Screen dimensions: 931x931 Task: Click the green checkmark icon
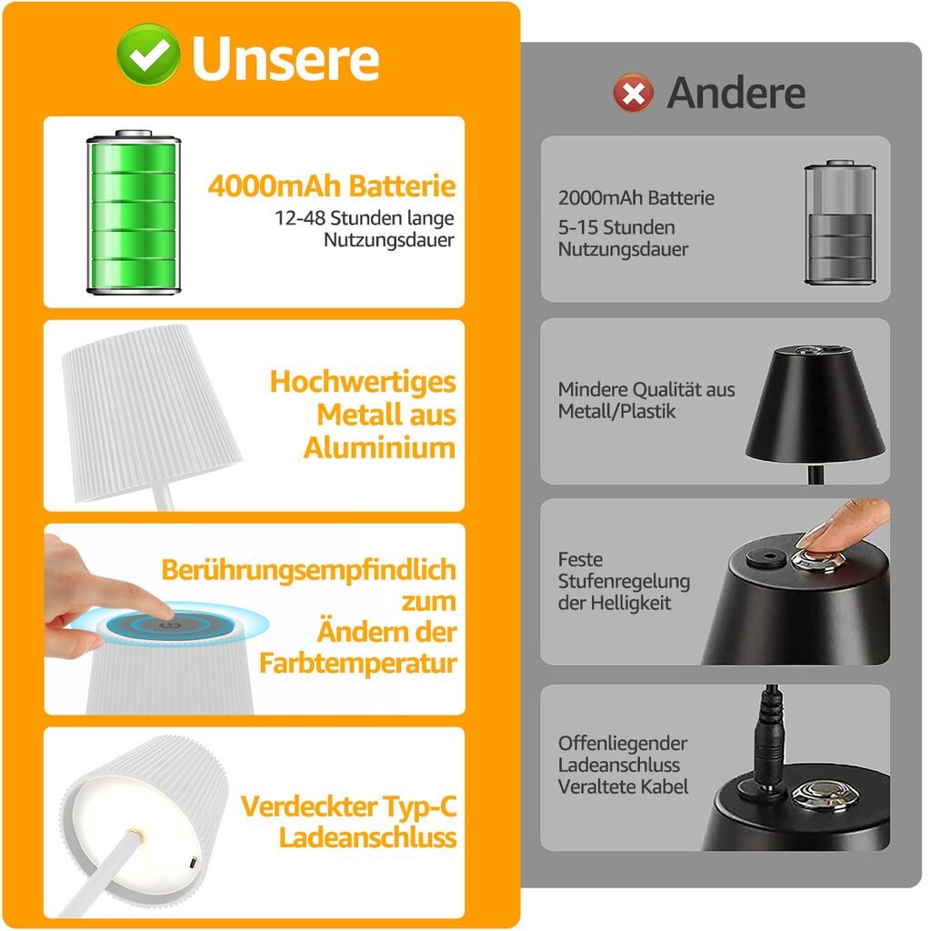pyautogui.click(x=148, y=55)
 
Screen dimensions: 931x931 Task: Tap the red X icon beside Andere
pyautogui.click(x=634, y=94)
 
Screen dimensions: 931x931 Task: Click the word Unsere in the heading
pyautogui.click(x=285, y=58)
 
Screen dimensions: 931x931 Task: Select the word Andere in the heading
pyautogui.click(x=736, y=94)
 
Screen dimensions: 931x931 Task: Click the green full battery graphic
pyautogui.click(x=134, y=212)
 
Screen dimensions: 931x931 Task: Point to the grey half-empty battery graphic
pyautogui.click(x=839, y=223)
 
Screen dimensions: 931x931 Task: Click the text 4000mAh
pyautogui.click(x=275, y=185)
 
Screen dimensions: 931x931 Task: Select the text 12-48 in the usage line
pyautogui.click(x=300, y=218)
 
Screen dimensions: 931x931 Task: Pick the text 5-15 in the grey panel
pyautogui.click(x=579, y=227)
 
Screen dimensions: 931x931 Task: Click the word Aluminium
pyautogui.click(x=379, y=447)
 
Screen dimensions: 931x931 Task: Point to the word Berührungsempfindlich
pyautogui.click(x=309, y=570)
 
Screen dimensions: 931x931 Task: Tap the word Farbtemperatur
pyautogui.click(x=358, y=663)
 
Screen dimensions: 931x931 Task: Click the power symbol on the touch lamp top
pyautogui.click(x=170, y=625)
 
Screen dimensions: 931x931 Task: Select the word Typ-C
pyautogui.click(x=420, y=806)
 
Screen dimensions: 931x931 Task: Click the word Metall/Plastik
pyautogui.click(x=617, y=412)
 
